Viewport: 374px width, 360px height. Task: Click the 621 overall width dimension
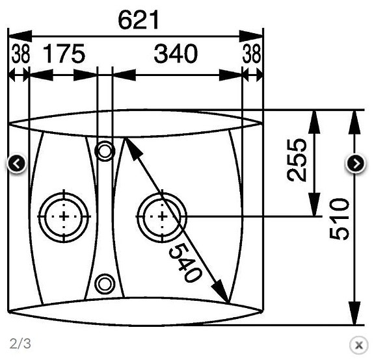tap(138, 20)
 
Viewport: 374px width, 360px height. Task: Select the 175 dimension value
tap(64, 55)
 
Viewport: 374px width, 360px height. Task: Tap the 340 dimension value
tap(176, 55)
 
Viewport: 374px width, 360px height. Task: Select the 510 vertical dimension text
tap(339, 219)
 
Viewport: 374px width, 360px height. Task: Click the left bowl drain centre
tap(63, 216)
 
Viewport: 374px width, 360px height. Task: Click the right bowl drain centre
tap(161, 216)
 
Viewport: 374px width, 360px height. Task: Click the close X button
tap(358, 344)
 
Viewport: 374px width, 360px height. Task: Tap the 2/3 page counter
tap(20, 343)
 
